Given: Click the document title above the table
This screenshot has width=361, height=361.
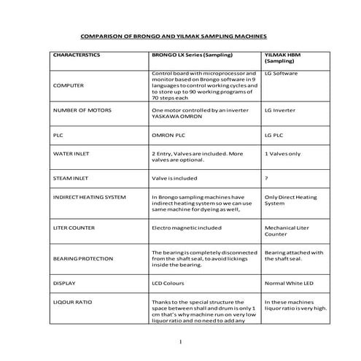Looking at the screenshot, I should point(173,35).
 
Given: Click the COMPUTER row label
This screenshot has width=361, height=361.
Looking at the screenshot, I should point(69,86).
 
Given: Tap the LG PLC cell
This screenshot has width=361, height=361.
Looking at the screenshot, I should point(274,136).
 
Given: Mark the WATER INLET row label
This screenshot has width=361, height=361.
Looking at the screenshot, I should point(72,155).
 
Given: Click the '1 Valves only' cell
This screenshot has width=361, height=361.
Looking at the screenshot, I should point(282,155).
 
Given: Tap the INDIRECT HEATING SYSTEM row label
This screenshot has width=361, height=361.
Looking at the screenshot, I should point(90,197).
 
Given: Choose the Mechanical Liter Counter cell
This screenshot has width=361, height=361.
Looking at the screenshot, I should point(286,231).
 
